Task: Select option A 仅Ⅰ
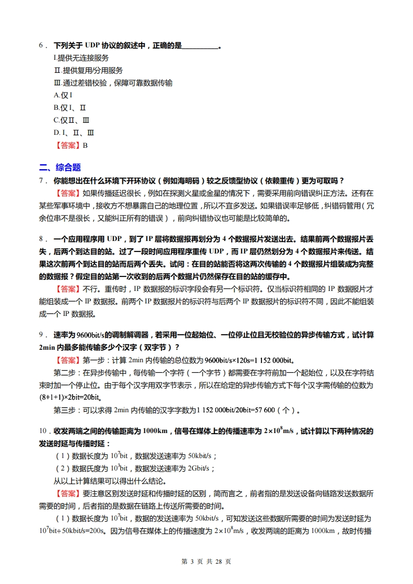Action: point(62,95)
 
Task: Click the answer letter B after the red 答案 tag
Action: point(85,145)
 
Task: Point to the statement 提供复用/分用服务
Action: point(89,70)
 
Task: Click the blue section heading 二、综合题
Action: point(60,168)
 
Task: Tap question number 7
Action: point(42,181)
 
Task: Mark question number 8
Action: point(42,239)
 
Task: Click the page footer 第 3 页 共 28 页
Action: point(206,561)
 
